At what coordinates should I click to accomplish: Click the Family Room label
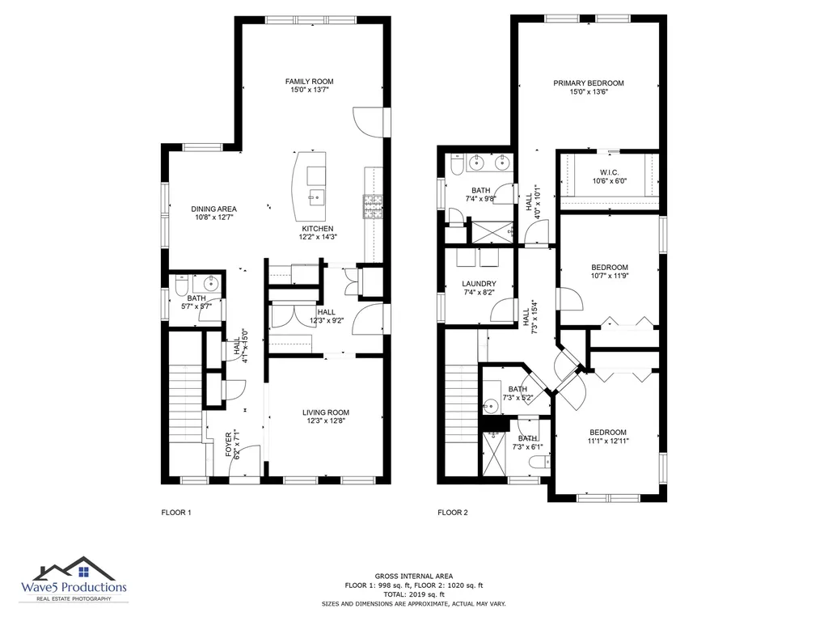click(309, 82)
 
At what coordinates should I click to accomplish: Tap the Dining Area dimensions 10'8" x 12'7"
click(213, 217)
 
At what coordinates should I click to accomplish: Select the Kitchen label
click(317, 229)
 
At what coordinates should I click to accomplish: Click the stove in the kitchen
click(373, 206)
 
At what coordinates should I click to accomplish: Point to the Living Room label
click(326, 412)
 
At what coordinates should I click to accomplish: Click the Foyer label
click(229, 445)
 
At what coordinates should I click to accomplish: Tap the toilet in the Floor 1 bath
click(180, 285)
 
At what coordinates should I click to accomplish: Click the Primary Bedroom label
click(589, 83)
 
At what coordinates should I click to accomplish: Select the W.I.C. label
click(610, 173)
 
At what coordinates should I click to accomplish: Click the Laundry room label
click(479, 284)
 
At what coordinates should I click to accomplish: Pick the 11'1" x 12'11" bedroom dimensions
click(608, 441)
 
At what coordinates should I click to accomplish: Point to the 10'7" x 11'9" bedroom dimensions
click(610, 275)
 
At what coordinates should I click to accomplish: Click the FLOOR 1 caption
click(175, 512)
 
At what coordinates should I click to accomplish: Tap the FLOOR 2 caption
click(453, 512)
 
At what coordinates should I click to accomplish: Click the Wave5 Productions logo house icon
click(74, 569)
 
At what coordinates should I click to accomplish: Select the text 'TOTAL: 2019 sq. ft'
click(414, 594)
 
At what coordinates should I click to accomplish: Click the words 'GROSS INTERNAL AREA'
click(414, 576)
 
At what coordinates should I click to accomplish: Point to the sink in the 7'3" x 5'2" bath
click(491, 406)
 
